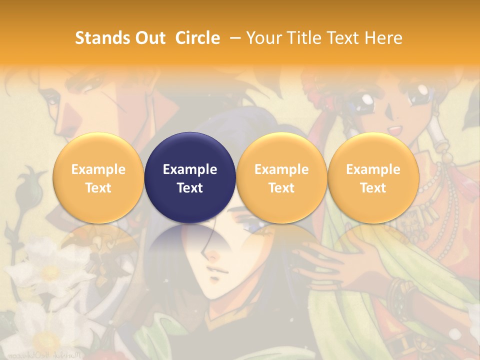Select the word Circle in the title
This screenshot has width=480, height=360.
click(197, 38)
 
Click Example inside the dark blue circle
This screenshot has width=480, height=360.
click(190, 169)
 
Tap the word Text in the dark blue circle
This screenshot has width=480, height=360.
click(190, 188)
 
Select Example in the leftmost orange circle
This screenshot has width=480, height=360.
click(98, 169)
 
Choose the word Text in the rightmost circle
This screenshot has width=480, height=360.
click(373, 188)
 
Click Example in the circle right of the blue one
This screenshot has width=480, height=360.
click(281, 169)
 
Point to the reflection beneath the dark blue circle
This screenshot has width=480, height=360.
click(190, 245)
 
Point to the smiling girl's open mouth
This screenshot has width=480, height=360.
click(395, 129)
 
